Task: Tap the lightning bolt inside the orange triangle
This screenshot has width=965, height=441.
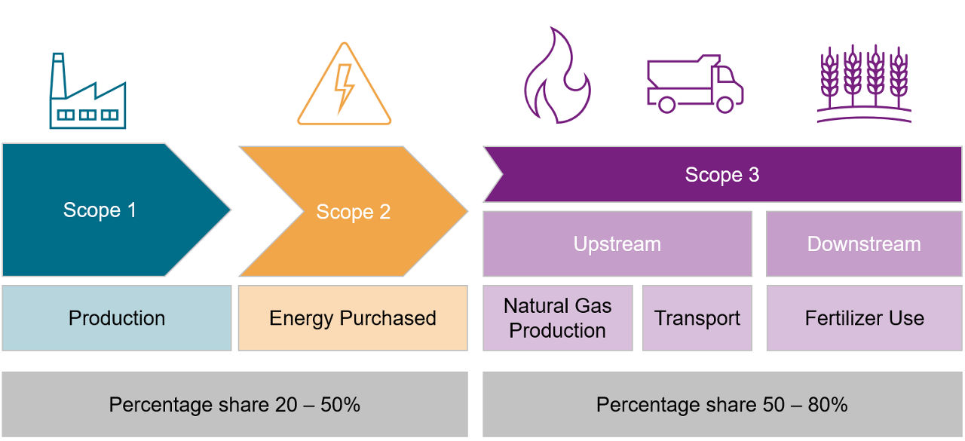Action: pos(344,87)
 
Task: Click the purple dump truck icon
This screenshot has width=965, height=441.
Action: pos(694,84)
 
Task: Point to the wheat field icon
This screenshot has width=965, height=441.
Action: pos(864,83)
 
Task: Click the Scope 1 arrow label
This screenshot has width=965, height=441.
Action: pos(100,210)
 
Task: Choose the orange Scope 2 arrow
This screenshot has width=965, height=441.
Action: pos(353,212)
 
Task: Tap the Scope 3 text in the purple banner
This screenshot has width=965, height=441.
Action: pos(721,175)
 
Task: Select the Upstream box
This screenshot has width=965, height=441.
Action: pos(617,244)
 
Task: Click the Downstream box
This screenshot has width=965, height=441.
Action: pos(864,244)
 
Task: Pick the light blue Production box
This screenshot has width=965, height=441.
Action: pos(116,318)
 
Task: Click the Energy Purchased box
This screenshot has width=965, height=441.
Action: pos(352,318)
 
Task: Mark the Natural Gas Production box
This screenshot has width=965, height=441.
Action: pos(557,318)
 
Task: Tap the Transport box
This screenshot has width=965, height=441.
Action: pos(697,318)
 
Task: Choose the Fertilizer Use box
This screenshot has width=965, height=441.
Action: pos(864,318)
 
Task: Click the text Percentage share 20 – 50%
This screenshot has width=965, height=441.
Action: pos(234,405)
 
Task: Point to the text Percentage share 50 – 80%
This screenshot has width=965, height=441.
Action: pos(721,405)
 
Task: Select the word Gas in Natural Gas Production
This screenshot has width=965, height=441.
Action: pos(592,306)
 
